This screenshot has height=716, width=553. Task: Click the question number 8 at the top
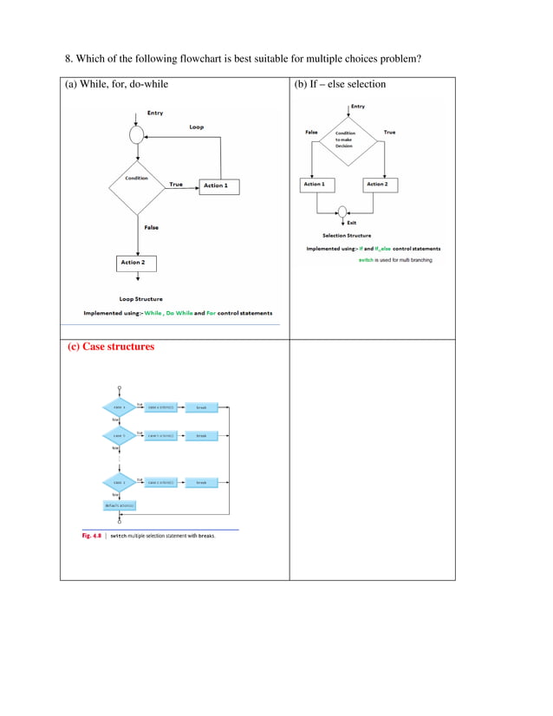[69, 60]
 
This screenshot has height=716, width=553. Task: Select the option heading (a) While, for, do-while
[117, 85]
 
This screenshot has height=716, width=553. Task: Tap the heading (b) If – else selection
[340, 85]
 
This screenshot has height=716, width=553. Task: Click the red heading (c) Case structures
[111, 347]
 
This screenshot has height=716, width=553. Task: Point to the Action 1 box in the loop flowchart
[216, 186]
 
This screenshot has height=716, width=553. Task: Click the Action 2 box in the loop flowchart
[133, 262]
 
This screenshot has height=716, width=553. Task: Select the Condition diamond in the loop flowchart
[136, 185]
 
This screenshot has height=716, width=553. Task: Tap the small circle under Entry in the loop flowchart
[136, 135]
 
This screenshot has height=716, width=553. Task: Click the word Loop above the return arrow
[197, 127]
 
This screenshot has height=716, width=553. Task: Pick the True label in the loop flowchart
[176, 184]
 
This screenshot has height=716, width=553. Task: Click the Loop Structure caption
[140, 299]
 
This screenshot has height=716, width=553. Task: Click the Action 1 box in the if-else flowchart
[314, 185]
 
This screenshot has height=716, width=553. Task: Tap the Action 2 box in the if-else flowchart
[376, 185]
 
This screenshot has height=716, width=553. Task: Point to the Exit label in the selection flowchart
[352, 224]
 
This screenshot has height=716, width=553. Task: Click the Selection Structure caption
[347, 236]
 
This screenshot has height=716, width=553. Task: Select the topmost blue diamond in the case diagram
[119, 407]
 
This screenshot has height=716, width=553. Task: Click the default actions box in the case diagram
[120, 504]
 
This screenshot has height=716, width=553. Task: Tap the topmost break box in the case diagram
[201, 407]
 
